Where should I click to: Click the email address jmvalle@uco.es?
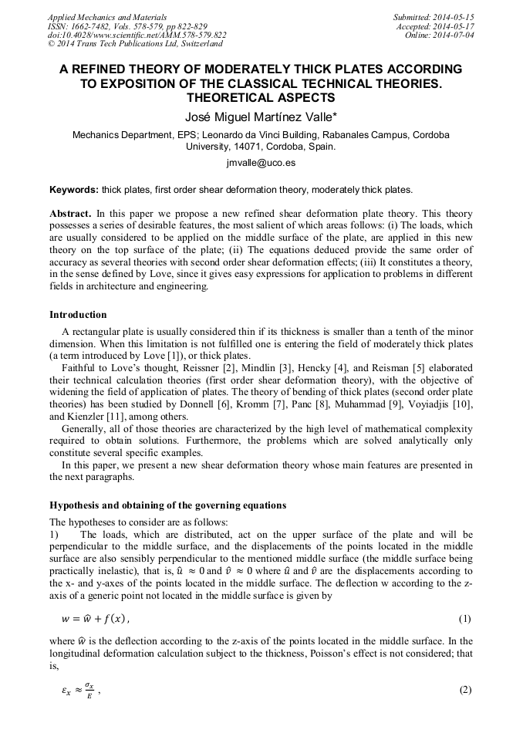261,164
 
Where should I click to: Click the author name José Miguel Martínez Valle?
261,117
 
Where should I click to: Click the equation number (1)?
464,619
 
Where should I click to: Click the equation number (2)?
464,690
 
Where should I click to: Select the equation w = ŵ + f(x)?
96,619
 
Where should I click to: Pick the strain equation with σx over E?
81,691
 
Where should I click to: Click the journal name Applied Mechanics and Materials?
107,17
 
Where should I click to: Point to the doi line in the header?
137,35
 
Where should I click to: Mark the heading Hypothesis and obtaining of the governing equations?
167,505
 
